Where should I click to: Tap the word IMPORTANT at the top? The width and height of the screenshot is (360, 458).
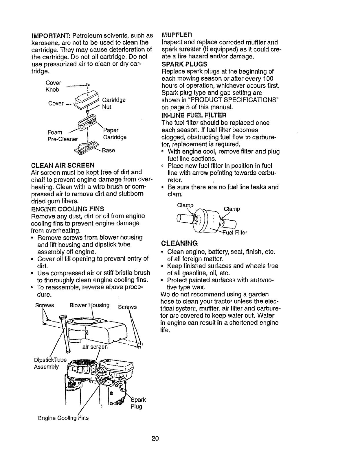51,36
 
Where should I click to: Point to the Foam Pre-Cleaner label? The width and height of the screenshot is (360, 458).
63,135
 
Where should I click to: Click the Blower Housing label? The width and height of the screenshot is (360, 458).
89,305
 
